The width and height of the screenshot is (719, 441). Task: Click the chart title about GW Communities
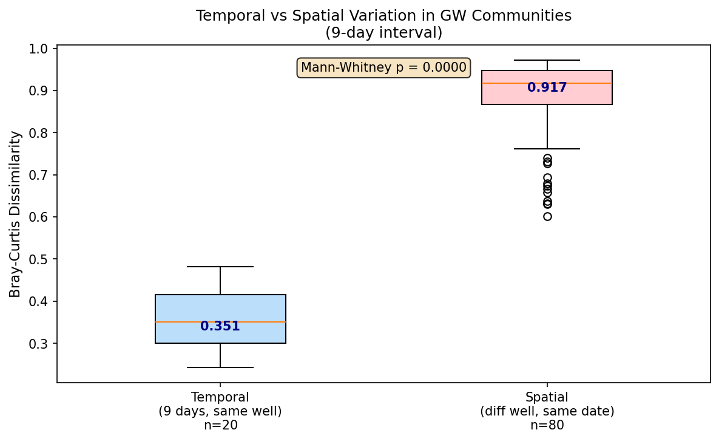coord(383,16)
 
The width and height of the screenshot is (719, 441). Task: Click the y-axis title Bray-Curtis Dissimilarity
coord(15,214)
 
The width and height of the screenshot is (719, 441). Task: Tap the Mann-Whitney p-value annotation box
coord(383,67)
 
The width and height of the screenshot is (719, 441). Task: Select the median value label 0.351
coord(220,326)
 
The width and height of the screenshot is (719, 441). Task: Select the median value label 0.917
coord(547,87)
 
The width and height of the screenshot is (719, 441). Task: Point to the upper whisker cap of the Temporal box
coord(220,267)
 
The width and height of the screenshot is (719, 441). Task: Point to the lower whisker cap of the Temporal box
coord(220,367)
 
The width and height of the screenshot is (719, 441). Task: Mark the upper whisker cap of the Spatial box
coord(547,60)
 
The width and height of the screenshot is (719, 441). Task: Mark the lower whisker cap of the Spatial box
coord(547,149)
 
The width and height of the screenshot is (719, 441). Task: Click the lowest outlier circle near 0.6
coord(547,216)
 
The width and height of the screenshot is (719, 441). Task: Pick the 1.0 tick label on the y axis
coord(42,49)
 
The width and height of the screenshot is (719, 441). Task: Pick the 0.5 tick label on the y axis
coord(42,259)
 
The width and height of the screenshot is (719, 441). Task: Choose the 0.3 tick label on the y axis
coord(42,344)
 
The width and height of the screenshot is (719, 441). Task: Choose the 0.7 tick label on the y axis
coord(42,175)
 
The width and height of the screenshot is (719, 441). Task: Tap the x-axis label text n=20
coord(220,425)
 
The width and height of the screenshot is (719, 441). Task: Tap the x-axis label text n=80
coord(547,425)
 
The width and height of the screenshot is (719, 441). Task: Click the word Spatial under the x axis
coord(547,397)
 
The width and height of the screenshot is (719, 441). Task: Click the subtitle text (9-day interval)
coord(383,33)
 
